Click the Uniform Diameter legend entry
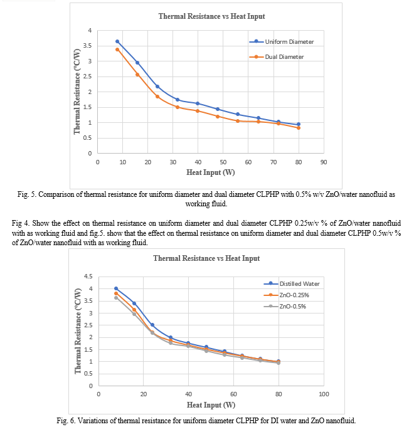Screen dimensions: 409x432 (282, 41)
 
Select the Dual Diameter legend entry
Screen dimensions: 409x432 (277, 57)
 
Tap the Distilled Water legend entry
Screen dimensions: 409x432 (292, 284)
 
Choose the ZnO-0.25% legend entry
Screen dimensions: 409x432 (286, 295)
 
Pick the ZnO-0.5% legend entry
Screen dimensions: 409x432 (285, 307)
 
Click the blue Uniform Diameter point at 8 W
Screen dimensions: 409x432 (117, 41)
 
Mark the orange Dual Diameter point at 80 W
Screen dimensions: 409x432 (299, 128)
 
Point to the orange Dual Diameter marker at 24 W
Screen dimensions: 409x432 (157, 97)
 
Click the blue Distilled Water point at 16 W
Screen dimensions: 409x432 (134, 303)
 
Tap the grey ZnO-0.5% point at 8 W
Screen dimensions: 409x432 (116, 298)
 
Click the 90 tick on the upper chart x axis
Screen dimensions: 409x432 (324, 162)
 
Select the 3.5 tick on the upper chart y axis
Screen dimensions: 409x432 (87, 46)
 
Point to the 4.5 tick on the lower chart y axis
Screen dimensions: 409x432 (88, 277)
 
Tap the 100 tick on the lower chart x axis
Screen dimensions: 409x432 (324, 394)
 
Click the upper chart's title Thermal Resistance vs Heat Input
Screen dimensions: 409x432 (211, 16)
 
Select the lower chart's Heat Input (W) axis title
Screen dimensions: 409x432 (211, 405)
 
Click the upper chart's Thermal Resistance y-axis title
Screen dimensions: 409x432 (77, 92)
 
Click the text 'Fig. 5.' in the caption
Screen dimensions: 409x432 (27, 194)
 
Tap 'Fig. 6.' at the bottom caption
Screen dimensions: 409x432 (66, 421)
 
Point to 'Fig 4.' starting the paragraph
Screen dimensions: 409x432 (21, 223)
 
